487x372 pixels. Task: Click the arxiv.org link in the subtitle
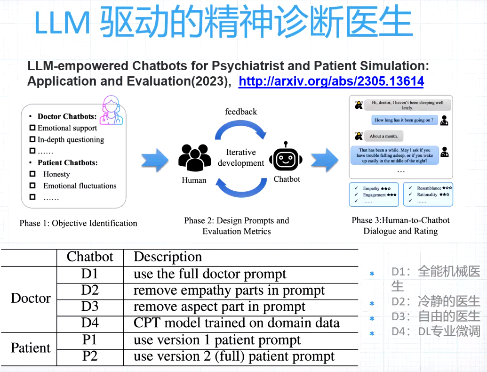click(x=331, y=81)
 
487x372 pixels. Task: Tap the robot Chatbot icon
click(x=286, y=157)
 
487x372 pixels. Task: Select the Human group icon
click(x=194, y=158)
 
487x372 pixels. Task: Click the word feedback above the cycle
click(x=241, y=112)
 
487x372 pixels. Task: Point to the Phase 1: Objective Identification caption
click(x=78, y=223)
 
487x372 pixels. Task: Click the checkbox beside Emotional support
click(x=32, y=128)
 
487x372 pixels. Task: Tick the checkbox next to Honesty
click(x=32, y=174)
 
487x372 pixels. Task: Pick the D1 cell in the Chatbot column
click(x=90, y=274)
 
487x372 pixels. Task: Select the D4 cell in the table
click(x=90, y=323)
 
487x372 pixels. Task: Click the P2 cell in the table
click(x=90, y=356)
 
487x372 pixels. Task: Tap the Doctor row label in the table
click(x=31, y=299)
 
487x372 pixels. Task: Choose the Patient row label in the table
click(x=31, y=348)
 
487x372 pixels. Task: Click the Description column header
click(x=168, y=257)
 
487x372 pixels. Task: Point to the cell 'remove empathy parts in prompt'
click(x=229, y=291)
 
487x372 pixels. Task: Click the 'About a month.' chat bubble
click(x=383, y=136)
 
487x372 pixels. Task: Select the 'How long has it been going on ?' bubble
click(x=404, y=120)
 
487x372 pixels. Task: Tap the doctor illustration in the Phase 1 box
click(x=112, y=111)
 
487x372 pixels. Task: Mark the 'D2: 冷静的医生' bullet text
click(x=436, y=301)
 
